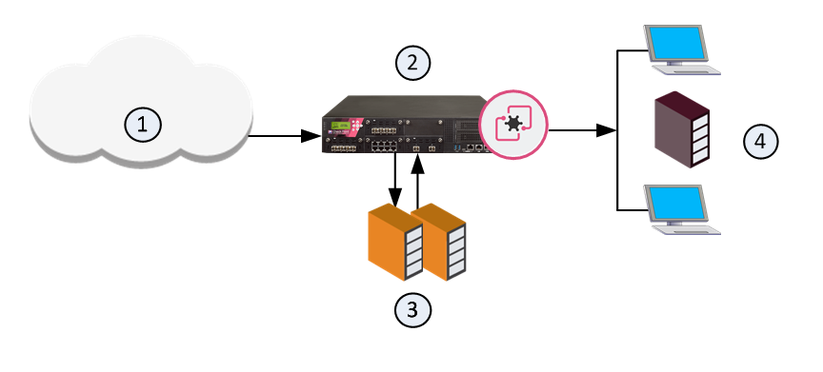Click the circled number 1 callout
142,125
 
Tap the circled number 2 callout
412,63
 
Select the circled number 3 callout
412,309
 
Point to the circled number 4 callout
760,141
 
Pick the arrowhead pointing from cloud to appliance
311,136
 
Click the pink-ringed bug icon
514,125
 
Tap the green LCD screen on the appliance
341,127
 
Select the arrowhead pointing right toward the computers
606,130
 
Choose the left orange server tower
395,244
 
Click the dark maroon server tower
682,129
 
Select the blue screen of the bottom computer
675,204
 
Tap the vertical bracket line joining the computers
618,130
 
